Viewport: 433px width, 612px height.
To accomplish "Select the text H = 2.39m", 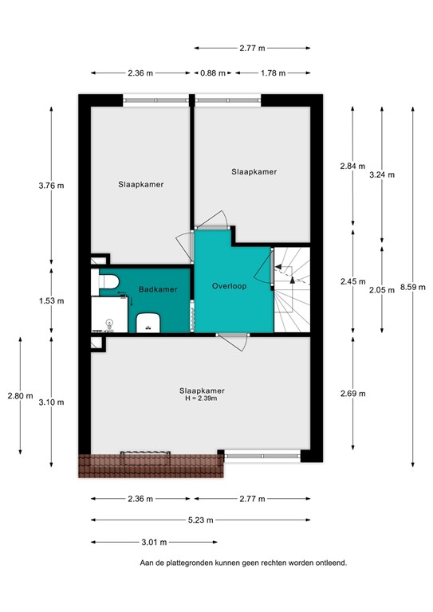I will tap(201, 398).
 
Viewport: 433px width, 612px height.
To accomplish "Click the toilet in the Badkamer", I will tap(108, 280).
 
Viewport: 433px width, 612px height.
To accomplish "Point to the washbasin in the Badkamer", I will tap(148, 323).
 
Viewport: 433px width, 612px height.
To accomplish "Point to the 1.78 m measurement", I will tap(273, 74).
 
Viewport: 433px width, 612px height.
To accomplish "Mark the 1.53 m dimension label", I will tap(52, 301).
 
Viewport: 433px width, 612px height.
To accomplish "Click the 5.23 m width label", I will tap(200, 520).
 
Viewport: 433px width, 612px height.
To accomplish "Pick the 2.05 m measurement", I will tap(381, 291).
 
